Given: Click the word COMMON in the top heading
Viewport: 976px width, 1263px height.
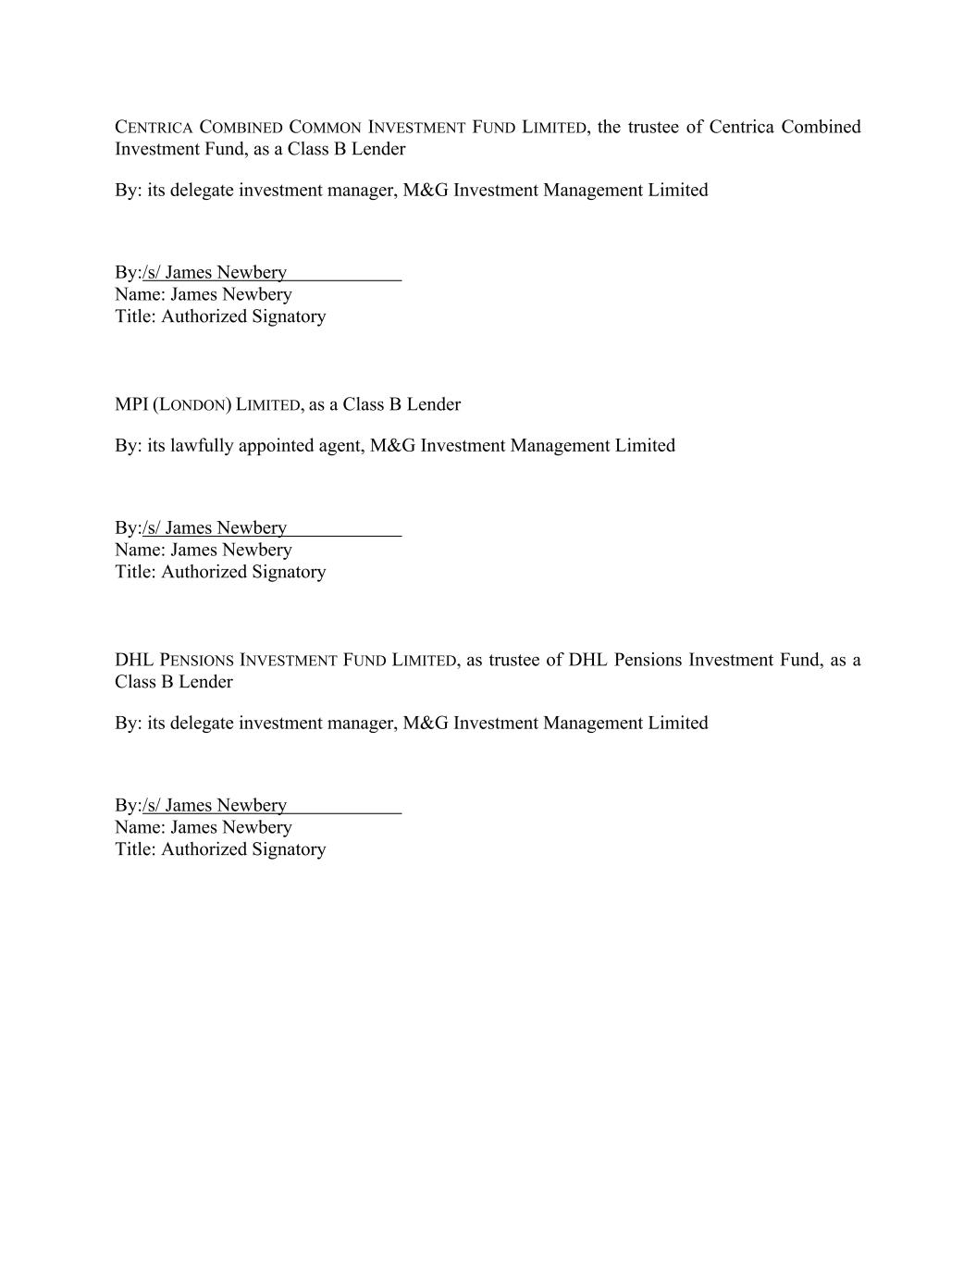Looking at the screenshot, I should [325, 128].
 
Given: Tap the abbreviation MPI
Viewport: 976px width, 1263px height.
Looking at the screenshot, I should [130, 404].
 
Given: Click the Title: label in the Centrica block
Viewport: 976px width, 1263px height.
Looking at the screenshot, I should [136, 316].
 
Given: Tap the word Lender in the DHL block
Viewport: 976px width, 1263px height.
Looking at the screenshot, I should [206, 682].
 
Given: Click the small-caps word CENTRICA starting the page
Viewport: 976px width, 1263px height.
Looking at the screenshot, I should [154, 128].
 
